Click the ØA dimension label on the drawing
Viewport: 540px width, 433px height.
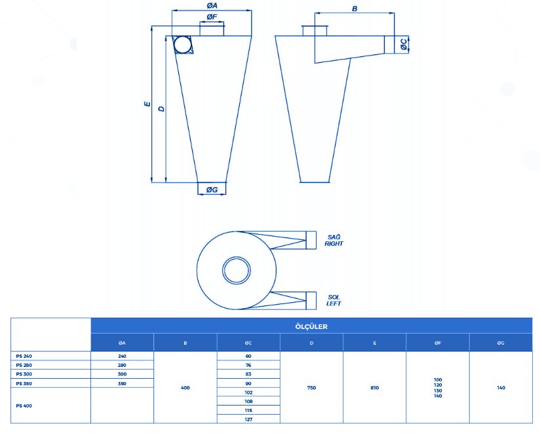pos(212,5)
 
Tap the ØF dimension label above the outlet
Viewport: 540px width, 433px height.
pos(212,17)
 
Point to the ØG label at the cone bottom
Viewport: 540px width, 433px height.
pos(212,189)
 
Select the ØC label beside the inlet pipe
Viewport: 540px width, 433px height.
pos(404,44)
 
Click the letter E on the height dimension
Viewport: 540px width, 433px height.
pos(147,103)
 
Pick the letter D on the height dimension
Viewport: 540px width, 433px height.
pos(161,109)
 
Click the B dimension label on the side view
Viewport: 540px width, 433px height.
pos(355,9)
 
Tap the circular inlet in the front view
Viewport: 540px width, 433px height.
pos(183,44)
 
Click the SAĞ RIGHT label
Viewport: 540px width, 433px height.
pos(334,240)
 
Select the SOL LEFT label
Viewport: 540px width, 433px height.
pos(334,300)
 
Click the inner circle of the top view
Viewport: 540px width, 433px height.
pos(236,270)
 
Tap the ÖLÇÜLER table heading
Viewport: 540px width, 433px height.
pos(311,326)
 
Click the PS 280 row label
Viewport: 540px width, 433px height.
pos(24,365)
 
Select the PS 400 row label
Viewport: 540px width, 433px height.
pos(24,406)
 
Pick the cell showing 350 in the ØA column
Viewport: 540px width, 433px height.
pos(122,383)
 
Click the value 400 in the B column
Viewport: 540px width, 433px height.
pos(185,388)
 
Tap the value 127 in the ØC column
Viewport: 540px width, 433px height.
pos(248,419)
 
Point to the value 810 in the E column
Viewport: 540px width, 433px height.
pos(375,388)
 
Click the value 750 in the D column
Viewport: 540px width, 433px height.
pos(311,388)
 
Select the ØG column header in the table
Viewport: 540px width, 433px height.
pos(501,343)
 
